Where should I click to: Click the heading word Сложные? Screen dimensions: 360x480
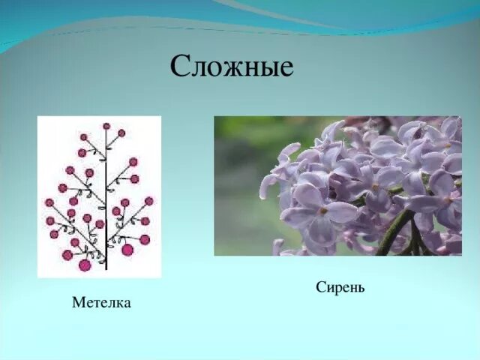tap(231, 67)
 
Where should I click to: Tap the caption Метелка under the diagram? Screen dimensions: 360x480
tap(101, 302)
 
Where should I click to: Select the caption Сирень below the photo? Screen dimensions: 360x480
tap(340, 287)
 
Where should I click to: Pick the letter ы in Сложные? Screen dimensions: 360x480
tap(268, 69)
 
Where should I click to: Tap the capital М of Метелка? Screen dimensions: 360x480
tap(78, 302)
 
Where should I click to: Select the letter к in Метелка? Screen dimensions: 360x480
tap(118, 303)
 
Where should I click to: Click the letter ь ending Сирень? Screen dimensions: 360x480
tap(361, 288)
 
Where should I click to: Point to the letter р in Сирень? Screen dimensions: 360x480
tap(336, 289)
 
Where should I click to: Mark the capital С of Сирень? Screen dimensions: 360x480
tap(320, 287)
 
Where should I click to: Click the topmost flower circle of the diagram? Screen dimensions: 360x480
tap(106, 126)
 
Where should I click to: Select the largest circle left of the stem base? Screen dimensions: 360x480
tap(85, 264)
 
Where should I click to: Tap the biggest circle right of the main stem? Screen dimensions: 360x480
tap(127, 250)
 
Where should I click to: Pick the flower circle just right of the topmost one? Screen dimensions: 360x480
tap(121, 133)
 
